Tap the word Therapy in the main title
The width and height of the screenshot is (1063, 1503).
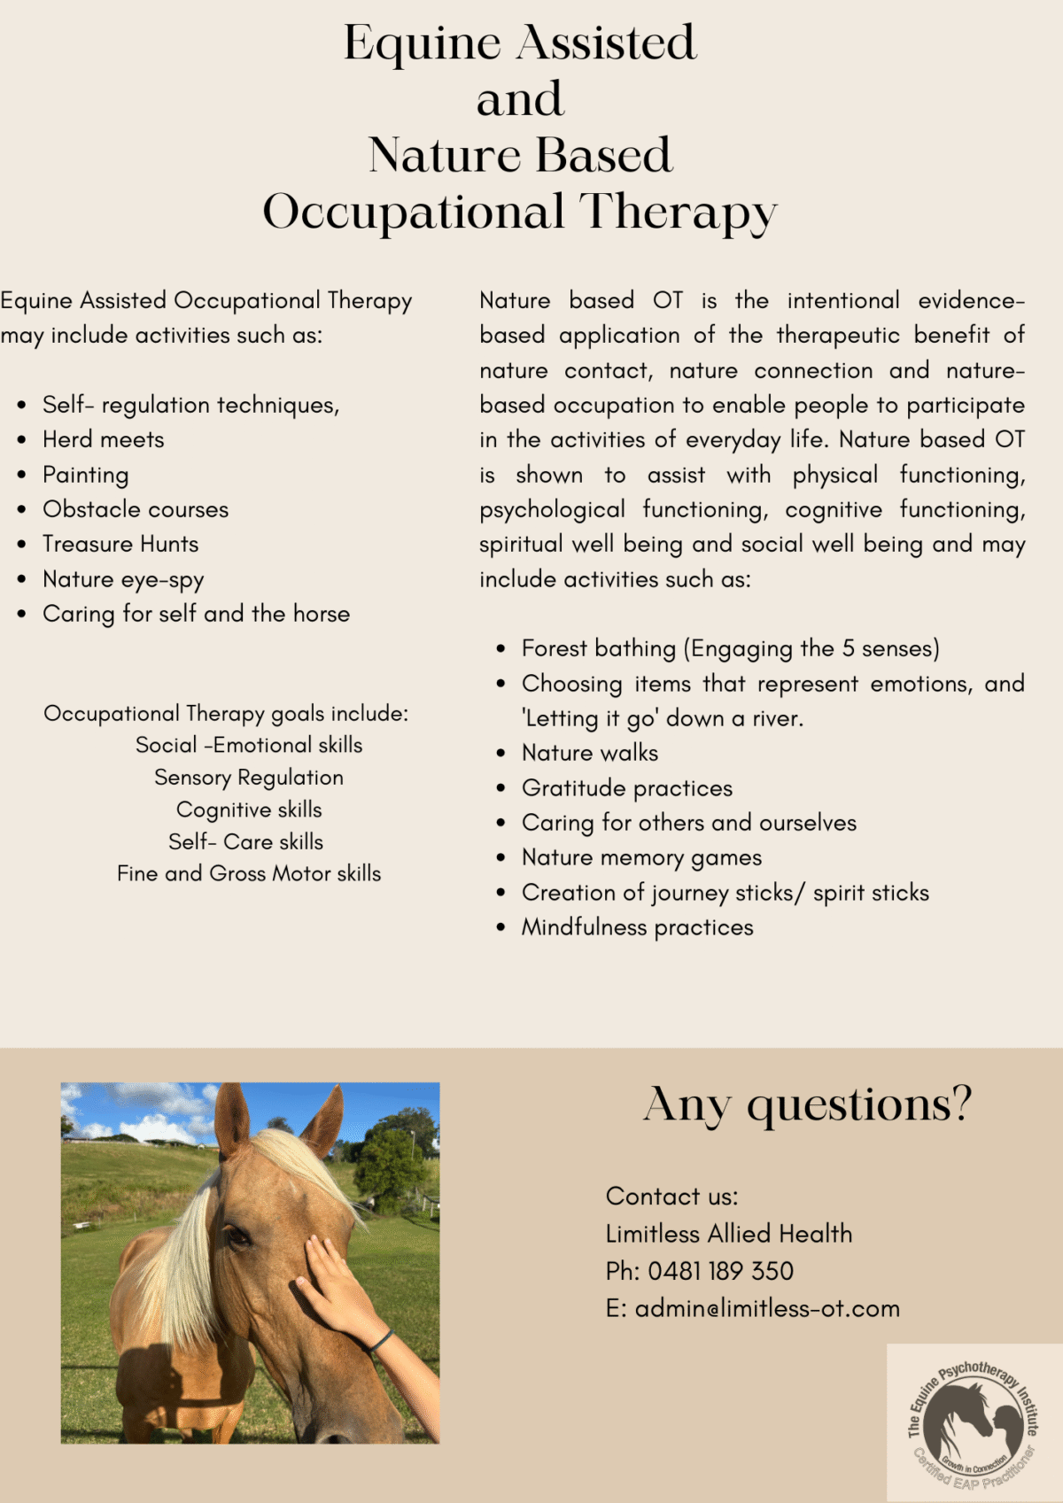[x=679, y=213]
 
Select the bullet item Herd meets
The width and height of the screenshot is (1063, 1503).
[x=104, y=440]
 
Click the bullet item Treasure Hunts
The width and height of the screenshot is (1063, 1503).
[x=120, y=545]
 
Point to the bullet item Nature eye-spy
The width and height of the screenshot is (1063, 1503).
[x=123, y=580]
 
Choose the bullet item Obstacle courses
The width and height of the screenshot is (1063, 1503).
[x=136, y=510]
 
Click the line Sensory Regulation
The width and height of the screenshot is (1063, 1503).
[x=249, y=778]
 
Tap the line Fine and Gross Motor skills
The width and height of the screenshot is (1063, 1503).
[x=249, y=874]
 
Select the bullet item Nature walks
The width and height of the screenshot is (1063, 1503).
[x=590, y=754]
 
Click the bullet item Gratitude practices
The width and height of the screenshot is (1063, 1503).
[x=627, y=788]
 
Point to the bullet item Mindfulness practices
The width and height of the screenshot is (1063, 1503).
[x=637, y=927]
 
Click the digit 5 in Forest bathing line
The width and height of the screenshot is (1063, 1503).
[x=849, y=649]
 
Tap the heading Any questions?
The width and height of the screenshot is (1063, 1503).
[x=807, y=1105]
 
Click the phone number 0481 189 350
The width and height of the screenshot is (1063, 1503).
[x=720, y=1272]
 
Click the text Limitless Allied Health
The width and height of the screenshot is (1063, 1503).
[x=729, y=1234]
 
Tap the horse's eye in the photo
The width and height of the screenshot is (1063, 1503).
[x=237, y=1235]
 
